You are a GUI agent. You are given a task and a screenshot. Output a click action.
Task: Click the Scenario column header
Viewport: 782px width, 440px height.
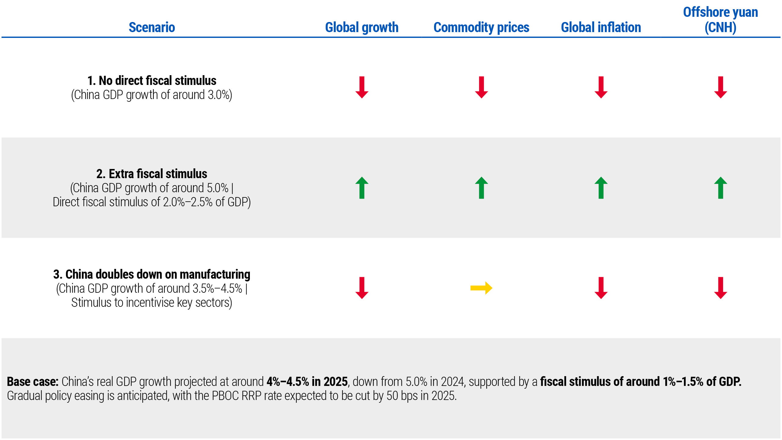pos(152,28)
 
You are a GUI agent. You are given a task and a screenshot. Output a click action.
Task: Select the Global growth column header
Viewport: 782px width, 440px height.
pos(362,28)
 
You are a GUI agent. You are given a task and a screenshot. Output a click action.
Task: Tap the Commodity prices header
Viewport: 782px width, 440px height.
pos(481,28)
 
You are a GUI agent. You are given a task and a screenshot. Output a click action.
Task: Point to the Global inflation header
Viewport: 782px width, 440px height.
pos(601,28)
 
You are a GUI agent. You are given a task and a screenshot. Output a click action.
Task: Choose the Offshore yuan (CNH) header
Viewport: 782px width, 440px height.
pos(720,20)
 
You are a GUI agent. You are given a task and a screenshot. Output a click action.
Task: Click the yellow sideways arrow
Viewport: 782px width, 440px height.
pos(481,288)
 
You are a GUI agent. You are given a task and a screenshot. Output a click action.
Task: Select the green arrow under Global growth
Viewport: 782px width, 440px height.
pos(362,188)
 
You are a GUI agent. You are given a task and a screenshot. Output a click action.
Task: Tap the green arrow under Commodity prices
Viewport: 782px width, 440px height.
pos(481,188)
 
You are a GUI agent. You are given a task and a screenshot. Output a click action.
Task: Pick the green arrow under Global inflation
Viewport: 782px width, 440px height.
pos(601,188)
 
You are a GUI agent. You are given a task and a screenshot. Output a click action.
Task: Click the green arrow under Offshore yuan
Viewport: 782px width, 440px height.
pos(721,188)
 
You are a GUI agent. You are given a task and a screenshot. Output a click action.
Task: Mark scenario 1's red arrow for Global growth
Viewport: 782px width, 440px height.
pos(362,87)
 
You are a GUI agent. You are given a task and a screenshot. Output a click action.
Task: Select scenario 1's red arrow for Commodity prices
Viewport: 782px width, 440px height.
pos(481,87)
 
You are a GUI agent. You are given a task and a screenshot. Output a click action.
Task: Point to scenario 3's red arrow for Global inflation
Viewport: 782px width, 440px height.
pos(601,288)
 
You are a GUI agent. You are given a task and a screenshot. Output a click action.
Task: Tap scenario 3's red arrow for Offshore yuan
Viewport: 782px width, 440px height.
pos(721,288)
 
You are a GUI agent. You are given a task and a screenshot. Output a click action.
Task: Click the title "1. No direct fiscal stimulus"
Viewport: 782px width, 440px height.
pos(152,81)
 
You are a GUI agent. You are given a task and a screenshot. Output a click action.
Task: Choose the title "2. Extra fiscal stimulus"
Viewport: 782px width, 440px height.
pos(152,174)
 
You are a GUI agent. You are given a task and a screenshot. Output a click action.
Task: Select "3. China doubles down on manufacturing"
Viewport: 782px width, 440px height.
pos(152,274)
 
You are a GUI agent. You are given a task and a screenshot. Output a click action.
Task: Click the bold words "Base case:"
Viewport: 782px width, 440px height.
pos(33,382)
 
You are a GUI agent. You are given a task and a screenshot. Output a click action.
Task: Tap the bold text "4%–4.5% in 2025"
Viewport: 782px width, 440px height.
pos(307,382)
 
